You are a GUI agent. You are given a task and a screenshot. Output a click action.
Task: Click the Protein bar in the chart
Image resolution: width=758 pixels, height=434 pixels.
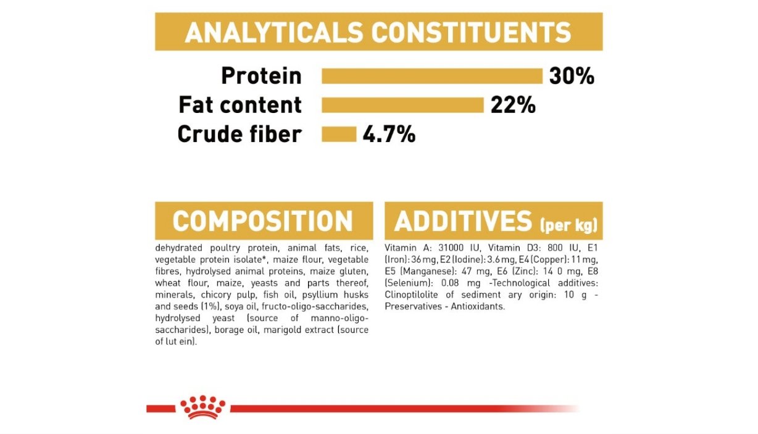(x=432, y=76)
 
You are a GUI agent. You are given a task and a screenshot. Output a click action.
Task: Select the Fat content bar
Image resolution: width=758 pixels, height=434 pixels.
(x=402, y=105)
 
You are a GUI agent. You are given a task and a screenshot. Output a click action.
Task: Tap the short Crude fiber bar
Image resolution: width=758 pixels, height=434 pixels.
(x=339, y=134)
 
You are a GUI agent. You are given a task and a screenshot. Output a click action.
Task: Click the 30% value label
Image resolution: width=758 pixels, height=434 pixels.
(x=572, y=76)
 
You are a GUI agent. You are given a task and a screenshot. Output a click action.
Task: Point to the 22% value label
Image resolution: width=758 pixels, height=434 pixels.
(x=513, y=105)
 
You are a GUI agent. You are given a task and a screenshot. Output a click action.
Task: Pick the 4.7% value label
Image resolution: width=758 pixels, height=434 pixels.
(x=389, y=134)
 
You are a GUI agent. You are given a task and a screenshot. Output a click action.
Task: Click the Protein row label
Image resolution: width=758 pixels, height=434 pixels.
(x=261, y=75)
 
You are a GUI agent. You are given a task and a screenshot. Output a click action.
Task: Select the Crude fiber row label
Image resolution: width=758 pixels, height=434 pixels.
(x=239, y=134)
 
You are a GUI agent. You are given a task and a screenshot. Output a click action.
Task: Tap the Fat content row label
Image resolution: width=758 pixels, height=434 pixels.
(x=240, y=104)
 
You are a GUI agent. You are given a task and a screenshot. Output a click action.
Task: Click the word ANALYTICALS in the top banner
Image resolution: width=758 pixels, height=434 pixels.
(x=274, y=33)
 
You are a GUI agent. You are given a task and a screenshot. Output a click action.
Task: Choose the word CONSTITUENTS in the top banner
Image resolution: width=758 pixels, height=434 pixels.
(x=471, y=33)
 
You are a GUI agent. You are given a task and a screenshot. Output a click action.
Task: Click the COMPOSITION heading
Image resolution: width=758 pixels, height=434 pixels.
(x=263, y=221)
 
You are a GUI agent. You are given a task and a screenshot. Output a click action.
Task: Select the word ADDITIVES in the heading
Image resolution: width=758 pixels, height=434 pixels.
(x=463, y=221)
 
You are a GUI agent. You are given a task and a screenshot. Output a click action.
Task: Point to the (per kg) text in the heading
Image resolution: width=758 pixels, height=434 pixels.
(x=569, y=225)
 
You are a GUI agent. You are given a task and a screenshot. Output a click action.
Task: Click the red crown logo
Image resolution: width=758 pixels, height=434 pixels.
(x=202, y=407)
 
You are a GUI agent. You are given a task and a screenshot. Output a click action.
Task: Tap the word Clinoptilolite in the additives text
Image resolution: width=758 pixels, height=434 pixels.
(x=411, y=294)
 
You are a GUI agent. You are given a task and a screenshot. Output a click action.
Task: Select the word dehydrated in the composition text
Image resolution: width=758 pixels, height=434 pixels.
(x=178, y=248)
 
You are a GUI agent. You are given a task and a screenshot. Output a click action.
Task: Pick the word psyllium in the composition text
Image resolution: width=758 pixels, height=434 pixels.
(x=320, y=295)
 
